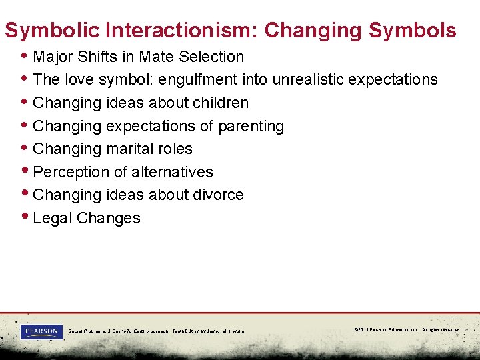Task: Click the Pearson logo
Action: [41, 331]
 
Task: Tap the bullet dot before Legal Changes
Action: [25, 217]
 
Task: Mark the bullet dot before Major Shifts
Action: [25, 55]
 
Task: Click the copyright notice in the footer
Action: [407, 330]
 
